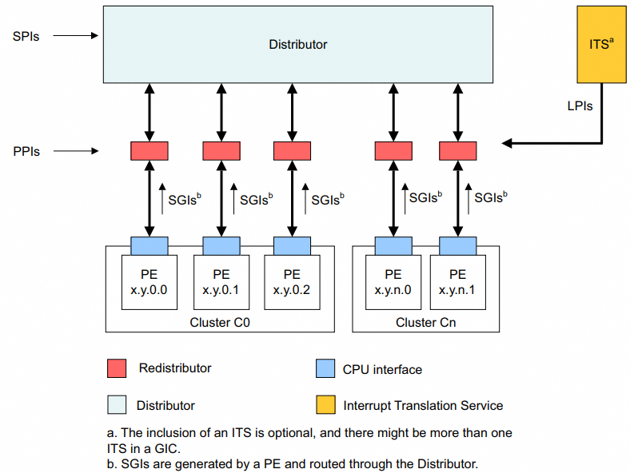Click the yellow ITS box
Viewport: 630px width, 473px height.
tap(600, 44)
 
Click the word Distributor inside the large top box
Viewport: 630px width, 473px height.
tap(297, 45)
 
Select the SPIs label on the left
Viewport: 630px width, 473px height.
tap(26, 36)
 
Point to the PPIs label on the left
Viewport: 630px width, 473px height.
tap(26, 150)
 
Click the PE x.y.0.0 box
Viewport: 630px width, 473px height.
tap(149, 283)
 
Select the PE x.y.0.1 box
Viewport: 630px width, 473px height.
tap(221, 283)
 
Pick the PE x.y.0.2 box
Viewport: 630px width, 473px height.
tap(292, 283)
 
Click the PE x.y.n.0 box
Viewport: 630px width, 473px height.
tap(393, 283)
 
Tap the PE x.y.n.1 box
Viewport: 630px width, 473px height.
tap(457, 283)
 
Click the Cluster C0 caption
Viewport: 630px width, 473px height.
tap(220, 323)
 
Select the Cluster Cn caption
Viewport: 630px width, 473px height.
tap(425, 323)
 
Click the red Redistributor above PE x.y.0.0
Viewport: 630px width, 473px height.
tap(149, 150)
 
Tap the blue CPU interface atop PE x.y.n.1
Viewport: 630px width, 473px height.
tap(457, 245)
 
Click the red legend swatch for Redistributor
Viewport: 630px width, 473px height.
tap(116, 368)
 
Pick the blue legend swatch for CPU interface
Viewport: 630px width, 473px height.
tap(325, 368)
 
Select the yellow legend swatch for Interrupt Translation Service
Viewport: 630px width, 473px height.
tap(325, 405)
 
